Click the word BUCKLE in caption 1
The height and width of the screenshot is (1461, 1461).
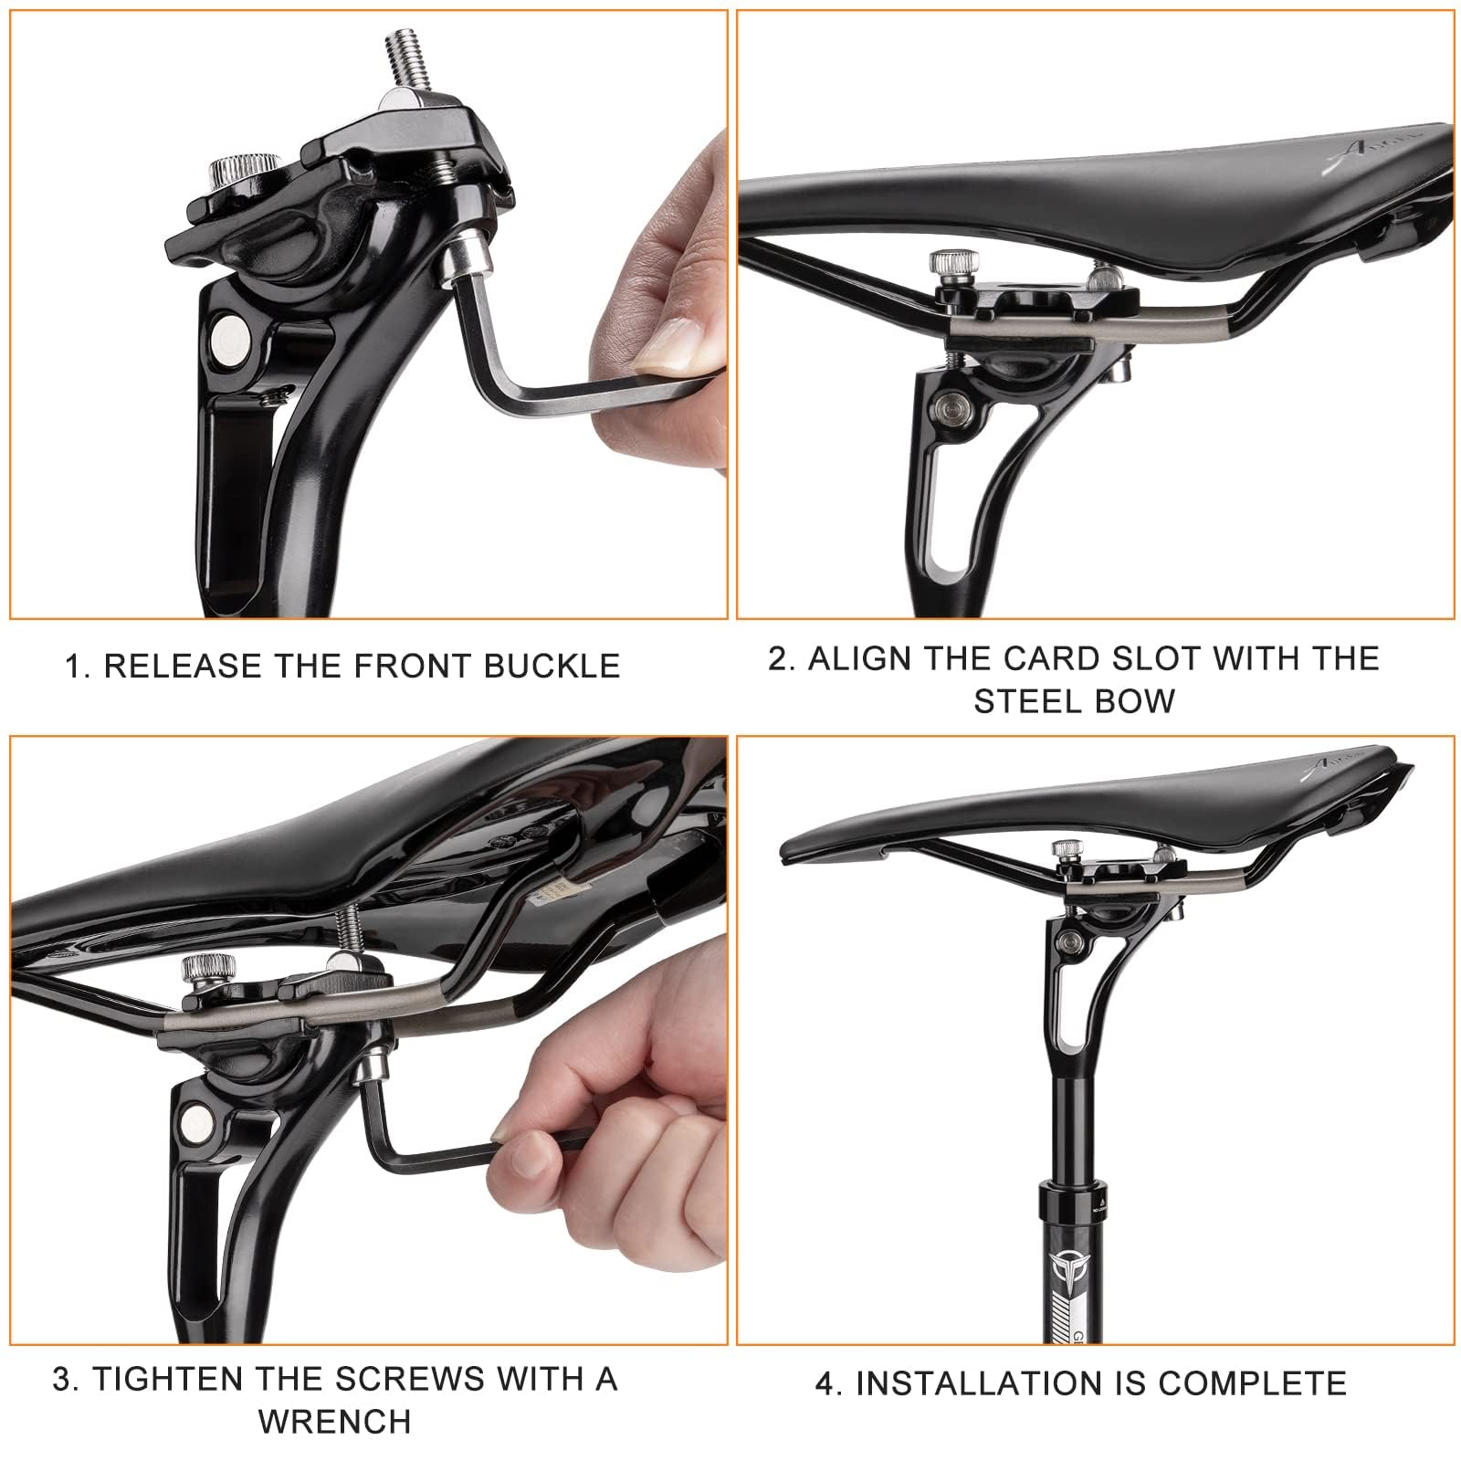tap(552, 666)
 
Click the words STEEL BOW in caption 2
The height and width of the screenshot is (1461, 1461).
tap(1074, 700)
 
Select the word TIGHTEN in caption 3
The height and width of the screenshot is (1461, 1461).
tap(167, 1379)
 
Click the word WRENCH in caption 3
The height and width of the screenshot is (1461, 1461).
tap(335, 1422)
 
